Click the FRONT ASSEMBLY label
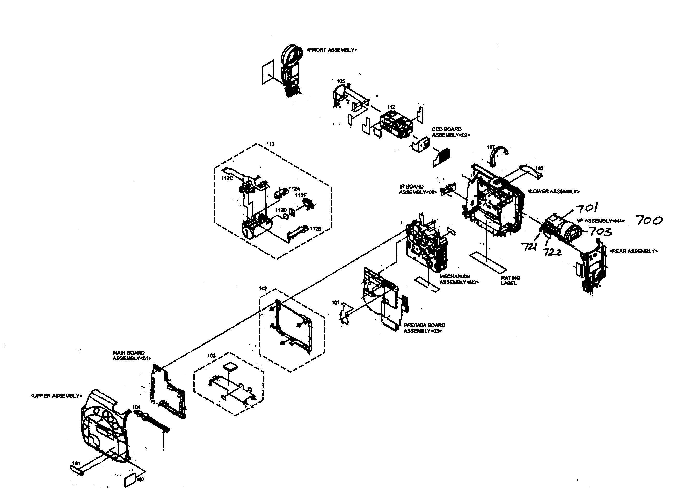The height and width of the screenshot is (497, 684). (x=332, y=50)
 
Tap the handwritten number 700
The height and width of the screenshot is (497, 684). (x=649, y=221)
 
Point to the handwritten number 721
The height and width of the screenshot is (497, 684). (x=529, y=247)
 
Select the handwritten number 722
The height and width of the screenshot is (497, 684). (x=552, y=252)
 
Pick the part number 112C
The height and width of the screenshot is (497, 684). (x=227, y=178)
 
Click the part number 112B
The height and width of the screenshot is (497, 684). (x=315, y=229)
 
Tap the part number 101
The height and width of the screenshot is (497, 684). (x=335, y=303)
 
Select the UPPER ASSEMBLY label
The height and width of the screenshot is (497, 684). (x=56, y=396)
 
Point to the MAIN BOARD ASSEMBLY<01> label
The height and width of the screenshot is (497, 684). (x=132, y=356)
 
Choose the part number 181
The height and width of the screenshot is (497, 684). (x=76, y=463)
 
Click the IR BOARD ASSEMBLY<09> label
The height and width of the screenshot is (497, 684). (x=418, y=190)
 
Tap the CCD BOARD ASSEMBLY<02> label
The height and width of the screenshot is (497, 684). (x=450, y=132)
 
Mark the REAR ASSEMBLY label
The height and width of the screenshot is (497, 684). (x=633, y=251)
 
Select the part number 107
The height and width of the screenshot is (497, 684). (x=491, y=147)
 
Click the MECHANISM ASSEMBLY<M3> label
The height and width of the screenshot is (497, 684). (x=459, y=279)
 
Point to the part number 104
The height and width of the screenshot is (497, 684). (x=136, y=407)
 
